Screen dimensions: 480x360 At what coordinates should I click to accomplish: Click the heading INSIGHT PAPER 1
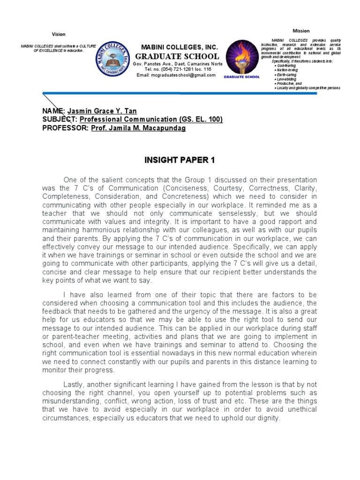coord(179,160)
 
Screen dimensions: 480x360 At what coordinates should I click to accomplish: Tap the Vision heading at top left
coord(59,34)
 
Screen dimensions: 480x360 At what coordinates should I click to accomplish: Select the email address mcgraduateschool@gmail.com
coord(176,75)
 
